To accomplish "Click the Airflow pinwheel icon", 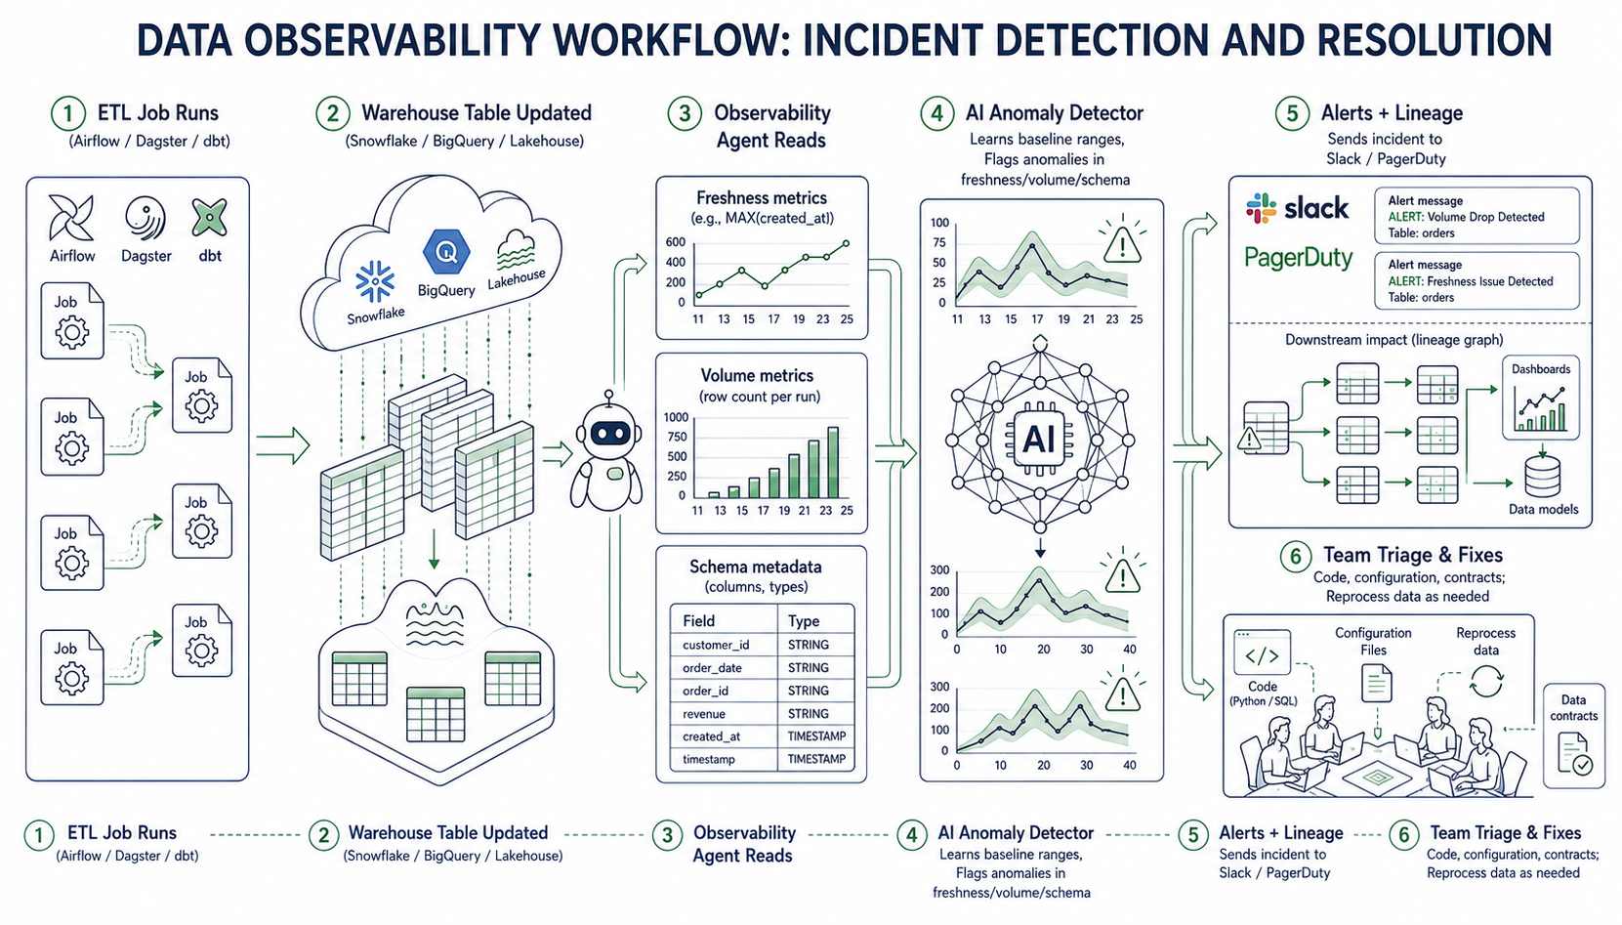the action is point(71,217).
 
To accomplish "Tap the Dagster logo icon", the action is point(146,218).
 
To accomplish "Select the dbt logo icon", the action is point(209,217).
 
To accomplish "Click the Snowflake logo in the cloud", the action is point(375,281).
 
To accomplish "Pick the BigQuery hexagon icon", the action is point(446,251).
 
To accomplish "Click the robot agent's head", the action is point(609,433).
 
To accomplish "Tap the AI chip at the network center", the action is point(1039,439).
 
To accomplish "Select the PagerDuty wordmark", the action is point(1299,257).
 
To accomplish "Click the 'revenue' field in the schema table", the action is point(704,713).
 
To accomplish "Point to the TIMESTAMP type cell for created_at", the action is point(816,736).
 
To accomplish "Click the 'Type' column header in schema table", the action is point(803,621).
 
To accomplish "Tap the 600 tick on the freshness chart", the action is point(675,242).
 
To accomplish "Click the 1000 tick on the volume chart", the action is point(676,417).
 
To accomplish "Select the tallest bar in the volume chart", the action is point(833,462).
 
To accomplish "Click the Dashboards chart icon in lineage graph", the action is point(1541,409).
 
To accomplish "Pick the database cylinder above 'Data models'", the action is point(1542,477).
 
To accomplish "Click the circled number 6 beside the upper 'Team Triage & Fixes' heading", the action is point(1296,557).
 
